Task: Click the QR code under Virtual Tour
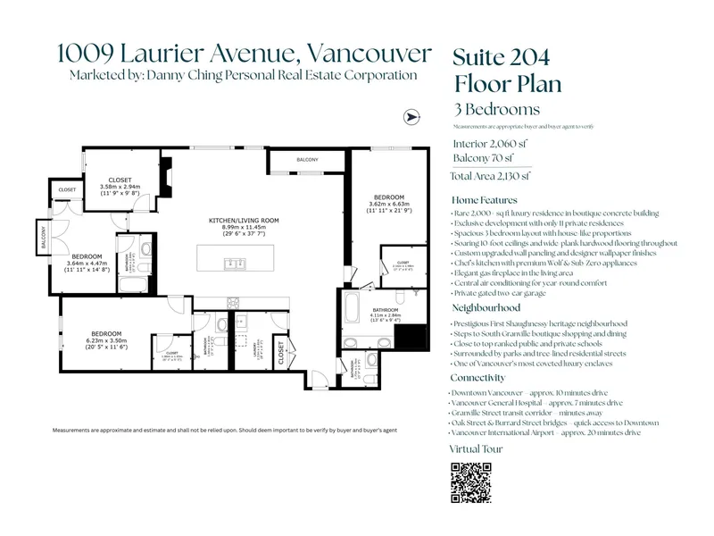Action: click(x=469, y=484)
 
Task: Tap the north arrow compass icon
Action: click(x=412, y=117)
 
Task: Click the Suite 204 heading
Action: click(x=501, y=59)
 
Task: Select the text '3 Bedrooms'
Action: click(x=496, y=110)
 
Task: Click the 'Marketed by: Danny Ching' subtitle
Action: click(x=243, y=75)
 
